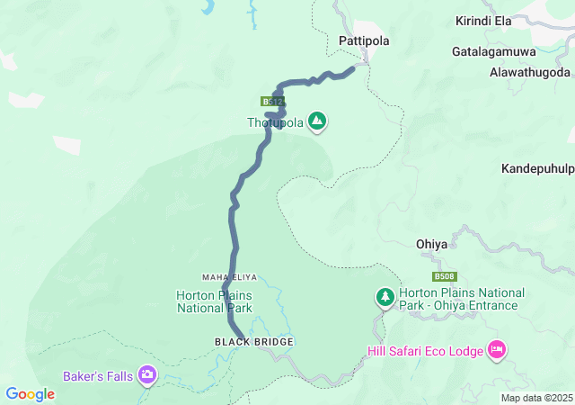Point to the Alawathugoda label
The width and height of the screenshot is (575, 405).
click(x=530, y=72)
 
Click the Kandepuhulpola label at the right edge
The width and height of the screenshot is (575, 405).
click(x=537, y=168)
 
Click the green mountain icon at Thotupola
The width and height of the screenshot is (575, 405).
click(x=316, y=120)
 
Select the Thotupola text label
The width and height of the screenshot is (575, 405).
click(x=276, y=123)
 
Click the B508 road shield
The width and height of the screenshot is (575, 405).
click(x=443, y=276)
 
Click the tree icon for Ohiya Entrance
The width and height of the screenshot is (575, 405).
click(x=385, y=296)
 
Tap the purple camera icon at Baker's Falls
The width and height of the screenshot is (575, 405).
click(x=147, y=373)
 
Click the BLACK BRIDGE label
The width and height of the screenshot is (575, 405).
click(x=254, y=342)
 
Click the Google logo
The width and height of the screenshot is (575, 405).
click(x=31, y=394)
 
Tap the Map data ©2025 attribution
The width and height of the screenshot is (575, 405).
click(x=535, y=398)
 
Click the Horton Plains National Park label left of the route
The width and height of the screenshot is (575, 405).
click(x=214, y=301)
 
